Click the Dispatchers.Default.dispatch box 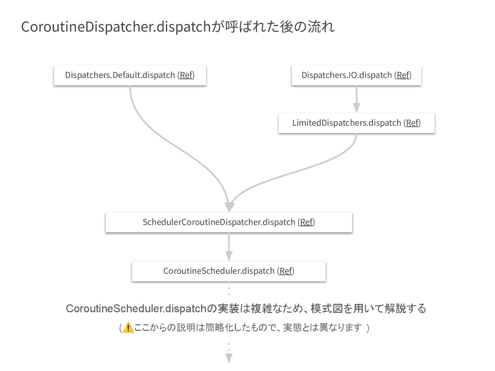(130, 75)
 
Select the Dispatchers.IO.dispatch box (356, 75)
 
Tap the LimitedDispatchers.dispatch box (356, 123)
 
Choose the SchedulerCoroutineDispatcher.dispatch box (229, 222)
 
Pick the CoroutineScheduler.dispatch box (229, 271)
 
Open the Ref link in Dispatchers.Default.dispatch (186, 75)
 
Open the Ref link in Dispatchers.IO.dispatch (403, 75)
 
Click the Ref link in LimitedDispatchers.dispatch (412, 123)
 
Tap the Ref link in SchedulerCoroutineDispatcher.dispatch (306, 222)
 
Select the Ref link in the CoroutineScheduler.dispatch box (286, 271)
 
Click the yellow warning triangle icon (128, 328)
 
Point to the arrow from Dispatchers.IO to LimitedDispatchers (356, 100)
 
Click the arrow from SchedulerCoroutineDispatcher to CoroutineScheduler (229, 247)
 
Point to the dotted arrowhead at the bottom (229, 359)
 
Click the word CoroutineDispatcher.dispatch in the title (115, 27)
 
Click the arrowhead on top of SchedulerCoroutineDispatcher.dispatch (229, 207)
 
